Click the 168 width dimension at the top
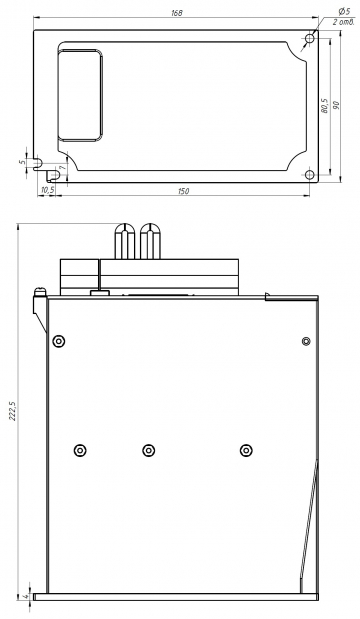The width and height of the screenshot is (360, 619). click(x=177, y=13)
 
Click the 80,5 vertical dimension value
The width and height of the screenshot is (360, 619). click(x=324, y=105)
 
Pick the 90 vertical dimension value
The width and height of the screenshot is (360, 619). click(x=337, y=106)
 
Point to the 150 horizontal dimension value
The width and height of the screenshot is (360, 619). click(x=184, y=190)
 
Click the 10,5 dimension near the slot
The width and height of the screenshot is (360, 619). click(x=46, y=189)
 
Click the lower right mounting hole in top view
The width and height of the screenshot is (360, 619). click(x=309, y=175)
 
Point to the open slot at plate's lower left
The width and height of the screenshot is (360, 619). click(x=37, y=163)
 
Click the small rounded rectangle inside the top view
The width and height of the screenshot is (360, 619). click(x=79, y=96)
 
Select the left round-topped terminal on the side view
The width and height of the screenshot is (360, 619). click(x=126, y=242)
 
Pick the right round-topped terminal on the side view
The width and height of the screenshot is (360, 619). click(x=151, y=242)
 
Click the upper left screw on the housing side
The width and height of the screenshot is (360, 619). click(x=58, y=342)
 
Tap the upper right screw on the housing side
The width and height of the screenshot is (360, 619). click(x=306, y=342)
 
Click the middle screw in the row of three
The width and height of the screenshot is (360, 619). click(x=148, y=449)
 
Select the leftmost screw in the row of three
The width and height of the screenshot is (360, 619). click(x=79, y=449)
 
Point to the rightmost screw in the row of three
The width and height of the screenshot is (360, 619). click(x=244, y=449)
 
